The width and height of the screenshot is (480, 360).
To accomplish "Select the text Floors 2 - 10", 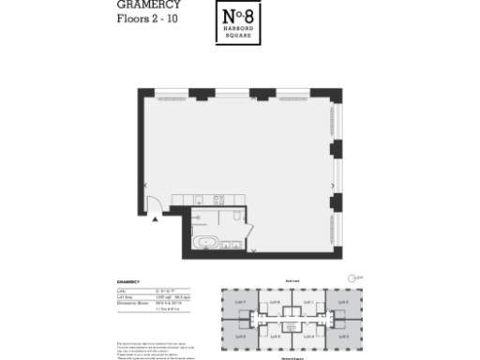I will tap(144, 18).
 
